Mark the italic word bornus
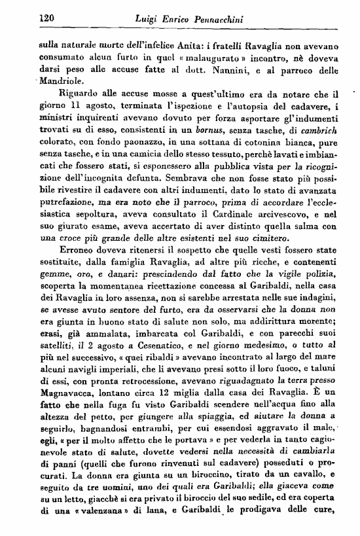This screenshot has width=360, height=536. pos(202,134)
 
